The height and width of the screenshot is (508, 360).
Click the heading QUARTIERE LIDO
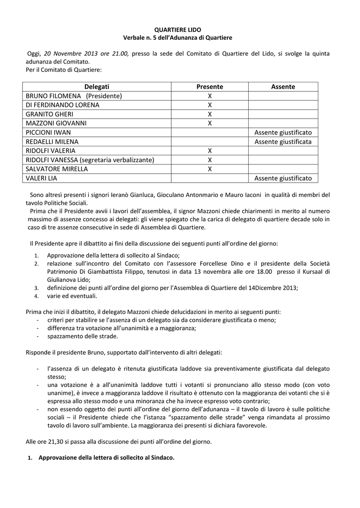[x=178, y=30]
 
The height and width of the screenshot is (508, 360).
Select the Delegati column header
[x=97, y=87]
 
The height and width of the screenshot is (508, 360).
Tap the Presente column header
[x=210, y=87]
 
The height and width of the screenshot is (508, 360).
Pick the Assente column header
[x=283, y=87]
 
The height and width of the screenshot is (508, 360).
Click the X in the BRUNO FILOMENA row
[x=210, y=96]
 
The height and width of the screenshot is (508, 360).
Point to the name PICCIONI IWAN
[x=48, y=132]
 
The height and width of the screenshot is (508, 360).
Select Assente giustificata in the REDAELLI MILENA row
[x=283, y=142]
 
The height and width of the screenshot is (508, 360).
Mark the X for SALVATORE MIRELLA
[x=210, y=169]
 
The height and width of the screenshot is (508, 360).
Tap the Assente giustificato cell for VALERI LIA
[x=283, y=178]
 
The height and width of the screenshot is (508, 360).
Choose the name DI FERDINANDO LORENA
[x=63, y=105]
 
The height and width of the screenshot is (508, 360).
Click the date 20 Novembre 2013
[x=68, y=54]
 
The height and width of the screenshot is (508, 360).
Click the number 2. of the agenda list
[x=36, y=263]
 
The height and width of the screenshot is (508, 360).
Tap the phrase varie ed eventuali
[x=72, y=296]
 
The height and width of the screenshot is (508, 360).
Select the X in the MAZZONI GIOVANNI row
[x=210, y=124]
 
